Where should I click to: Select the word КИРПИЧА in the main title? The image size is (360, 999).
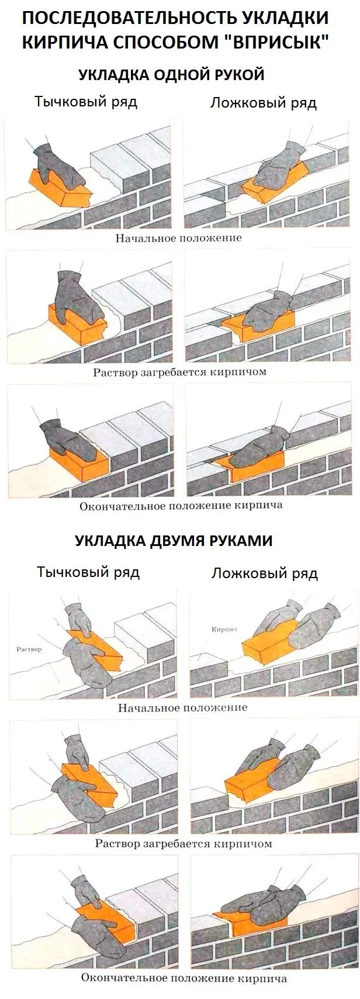point(64,43)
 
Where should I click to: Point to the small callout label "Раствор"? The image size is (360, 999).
point(29,649)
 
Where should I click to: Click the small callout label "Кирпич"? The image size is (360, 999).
point(224,629)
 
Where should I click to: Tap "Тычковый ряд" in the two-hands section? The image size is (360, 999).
point(88,572)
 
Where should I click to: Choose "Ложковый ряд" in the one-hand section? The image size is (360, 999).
point(264,103)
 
